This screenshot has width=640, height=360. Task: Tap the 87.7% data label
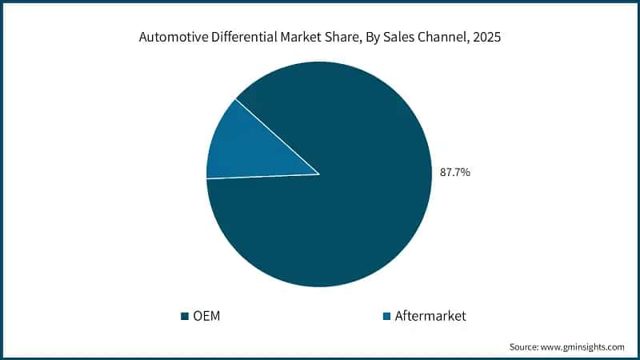point(455,171)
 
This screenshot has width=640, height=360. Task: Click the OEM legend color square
point(185,316)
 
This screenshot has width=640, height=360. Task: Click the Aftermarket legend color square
point(387,316)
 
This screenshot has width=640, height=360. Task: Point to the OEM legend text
point(206,316)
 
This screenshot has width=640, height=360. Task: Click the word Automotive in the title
point(170,37)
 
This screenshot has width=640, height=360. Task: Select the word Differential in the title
point(240,37)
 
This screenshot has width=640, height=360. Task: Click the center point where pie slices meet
point(319,174)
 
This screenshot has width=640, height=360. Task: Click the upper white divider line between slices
point(277,136)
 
